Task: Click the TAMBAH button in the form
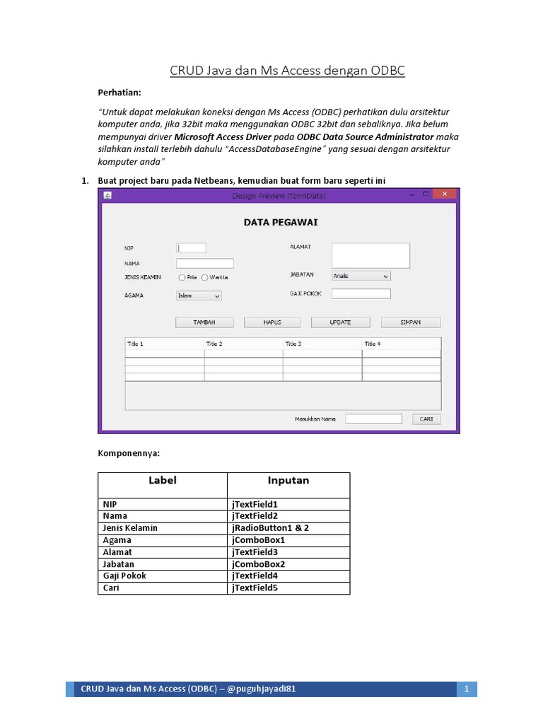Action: pos(204,322)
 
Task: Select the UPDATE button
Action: pos(340,322)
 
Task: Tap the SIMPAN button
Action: pos(410,322)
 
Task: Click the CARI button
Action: pos(426,419)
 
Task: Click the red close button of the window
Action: pos(444,194)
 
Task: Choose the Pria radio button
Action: pos(182,278)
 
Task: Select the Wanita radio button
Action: pos(205,278)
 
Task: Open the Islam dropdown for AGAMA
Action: pos(199,296)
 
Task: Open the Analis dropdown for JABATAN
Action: pos(361,276)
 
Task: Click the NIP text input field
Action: pos(191,248)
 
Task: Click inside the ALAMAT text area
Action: pos(370,255)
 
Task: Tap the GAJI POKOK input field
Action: pos(361,294)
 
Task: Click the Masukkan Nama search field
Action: pos(373,419)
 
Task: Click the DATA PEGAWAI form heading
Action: pos(281,222)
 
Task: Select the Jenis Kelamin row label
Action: pos(130,528)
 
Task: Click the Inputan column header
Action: pos(288,481)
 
